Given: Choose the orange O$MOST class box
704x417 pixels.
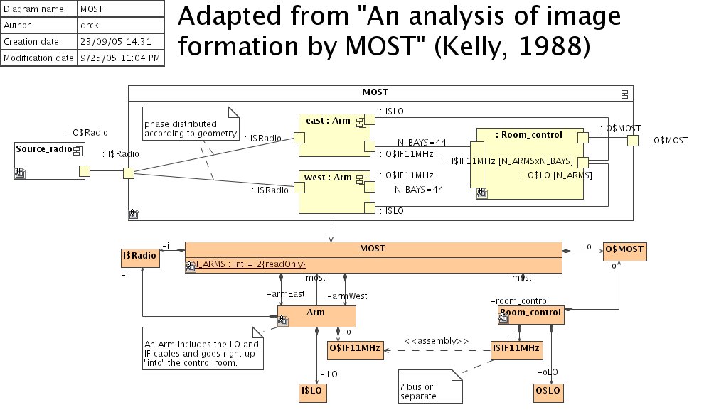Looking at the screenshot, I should coord(625,249).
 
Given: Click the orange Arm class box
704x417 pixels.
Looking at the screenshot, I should coord(316,316).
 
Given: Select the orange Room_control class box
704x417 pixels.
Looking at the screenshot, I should coord(529,315).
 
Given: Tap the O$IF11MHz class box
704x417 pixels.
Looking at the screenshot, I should coord(355,349).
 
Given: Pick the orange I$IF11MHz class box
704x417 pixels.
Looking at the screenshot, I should coord(516,349).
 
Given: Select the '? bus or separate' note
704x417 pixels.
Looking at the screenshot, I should coord(427,387).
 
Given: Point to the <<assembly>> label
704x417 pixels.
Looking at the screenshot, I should coord(437,340).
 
